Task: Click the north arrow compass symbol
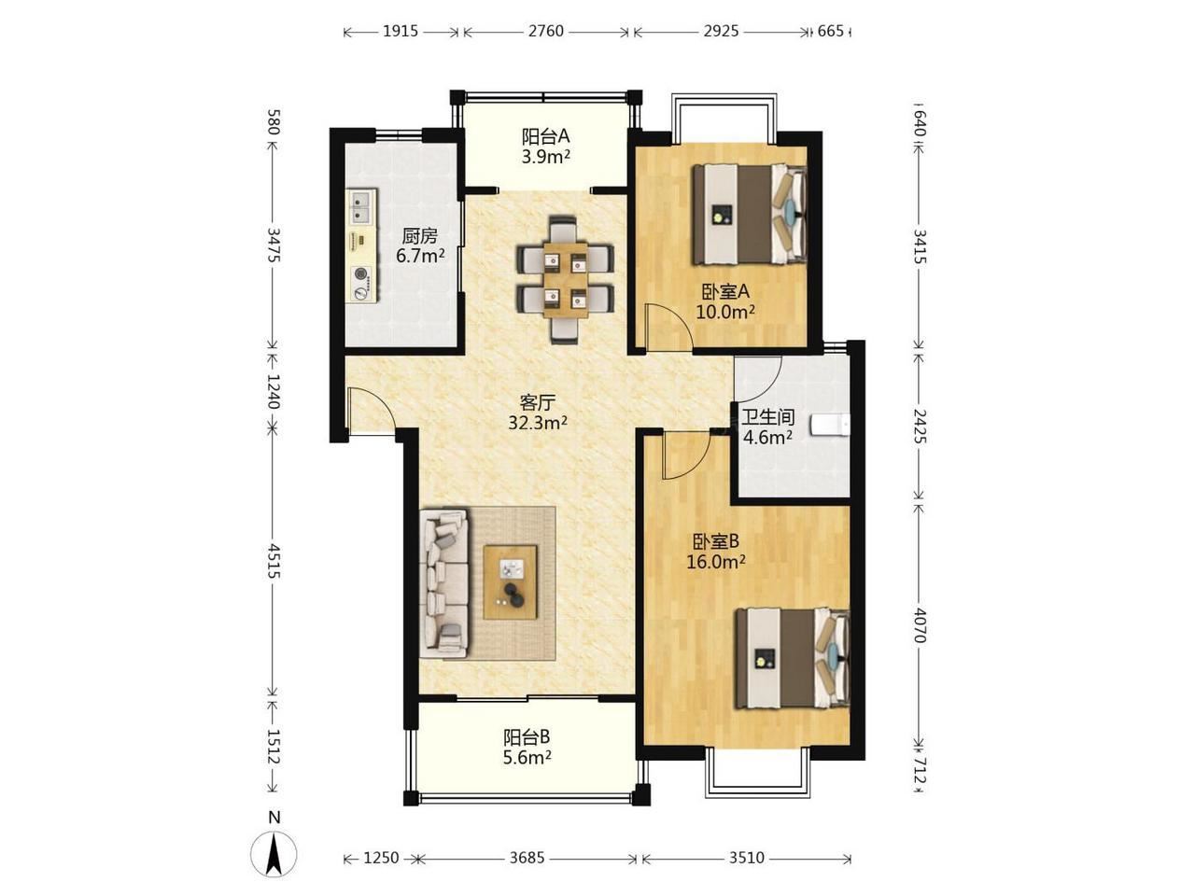(x=274, y=854)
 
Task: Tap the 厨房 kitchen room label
(x=420, y=235)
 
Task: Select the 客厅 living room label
(x=538, y=403)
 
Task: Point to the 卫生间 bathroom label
(x=768, y=417)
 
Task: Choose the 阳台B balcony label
(x=527, y=737)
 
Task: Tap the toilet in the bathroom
(x=829, y=425)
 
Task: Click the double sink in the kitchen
(x=361, y=206)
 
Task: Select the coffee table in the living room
(x=510, y=582)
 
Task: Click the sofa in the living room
(x=443, y=582)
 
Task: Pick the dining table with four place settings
(x=566, y=280)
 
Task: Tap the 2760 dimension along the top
(x=545, y=31)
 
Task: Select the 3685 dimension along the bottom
(x=527, y=858)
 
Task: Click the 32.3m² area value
(x=538, y=423)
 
